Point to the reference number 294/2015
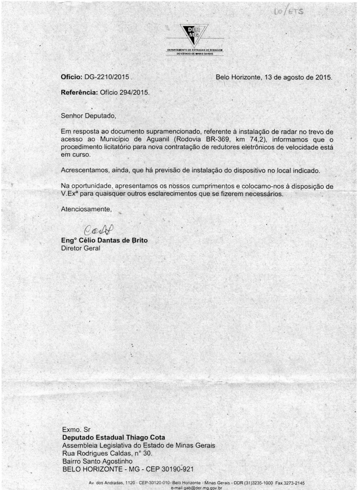[x=135, y=92]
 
